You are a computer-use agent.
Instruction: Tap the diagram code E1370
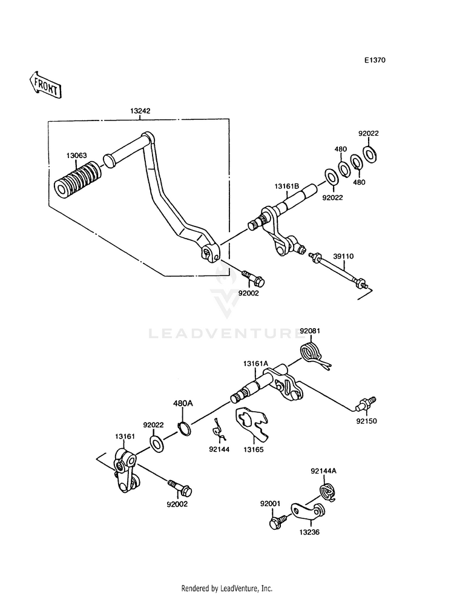tap(375, 60)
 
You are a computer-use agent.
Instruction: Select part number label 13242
tap(140, 111)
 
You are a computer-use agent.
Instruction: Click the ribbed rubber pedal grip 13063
tap(77, 179)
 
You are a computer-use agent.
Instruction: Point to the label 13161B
tap(287, 186)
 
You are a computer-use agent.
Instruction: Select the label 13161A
tap(255, 364)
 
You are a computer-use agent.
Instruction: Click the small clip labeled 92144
tap(219, 431)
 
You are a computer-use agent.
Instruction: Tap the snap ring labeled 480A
tap(183, 428)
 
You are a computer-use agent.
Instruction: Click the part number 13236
tap(309, 532)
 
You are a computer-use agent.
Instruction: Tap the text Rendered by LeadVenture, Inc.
tap(227, 588)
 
